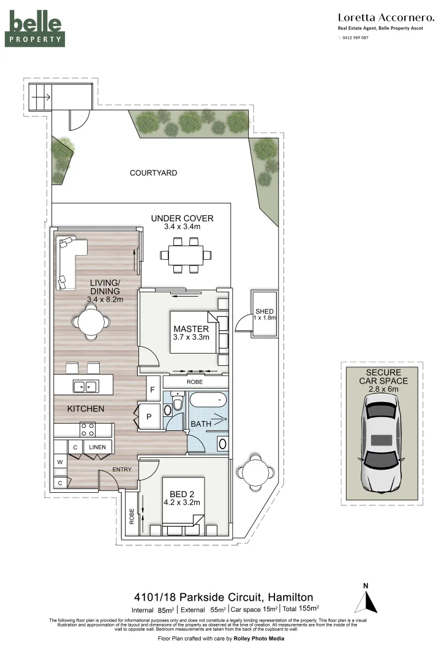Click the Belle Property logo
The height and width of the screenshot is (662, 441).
pyautogui.click(x=35, y=29)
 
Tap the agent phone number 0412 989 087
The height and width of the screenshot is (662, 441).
pyautogui.click(x=355, y=37)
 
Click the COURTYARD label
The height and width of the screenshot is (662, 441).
pyautogui.click(x=153, y=173)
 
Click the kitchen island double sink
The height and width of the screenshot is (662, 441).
pyautogui.click(x=85, y=386)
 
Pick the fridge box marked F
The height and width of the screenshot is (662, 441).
pyautogui.click(x=151, y=389)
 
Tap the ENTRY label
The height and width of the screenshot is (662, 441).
pyautogui.click(x=121, y=470)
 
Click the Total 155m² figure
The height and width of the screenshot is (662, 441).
pyautogui.click(x=301, y=609)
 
